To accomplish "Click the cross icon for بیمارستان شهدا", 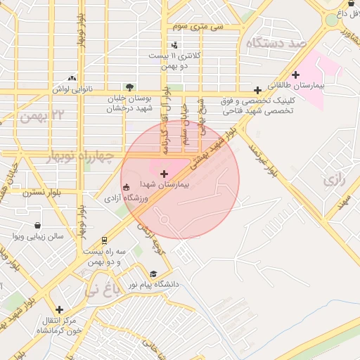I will tap(165, 173).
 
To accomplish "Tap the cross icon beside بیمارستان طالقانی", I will tap(295, 75).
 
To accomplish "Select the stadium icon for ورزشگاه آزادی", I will tap(126, 188).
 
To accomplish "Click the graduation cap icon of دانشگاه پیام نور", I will tap(153, 274).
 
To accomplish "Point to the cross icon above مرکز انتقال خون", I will tap(59, 309).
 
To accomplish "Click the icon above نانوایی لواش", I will tap(72, 79).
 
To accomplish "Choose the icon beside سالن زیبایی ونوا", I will tap(16, 236).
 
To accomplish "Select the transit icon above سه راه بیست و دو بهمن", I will tap(105, 240).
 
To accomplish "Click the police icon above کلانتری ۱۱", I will tap(174, 45).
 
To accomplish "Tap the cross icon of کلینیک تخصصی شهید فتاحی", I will tap(259, 90).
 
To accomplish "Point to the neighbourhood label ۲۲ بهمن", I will tap(44, 114).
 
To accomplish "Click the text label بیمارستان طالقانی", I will tap(327, 84).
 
